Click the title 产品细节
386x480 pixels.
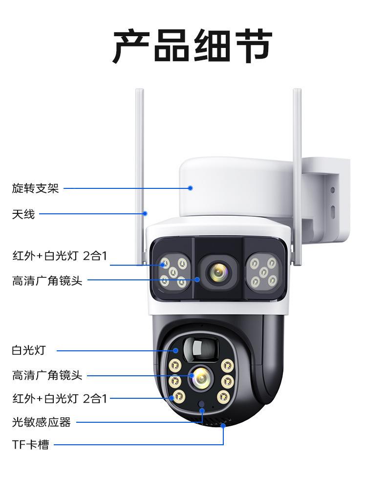(193, 46)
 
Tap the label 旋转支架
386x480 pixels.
(35, 188)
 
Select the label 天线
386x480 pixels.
(23, 214)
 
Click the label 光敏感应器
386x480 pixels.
(42, 422)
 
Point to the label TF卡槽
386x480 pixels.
(30, 445)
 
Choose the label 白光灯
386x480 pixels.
(28, 350)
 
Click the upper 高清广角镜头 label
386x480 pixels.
(47, 281)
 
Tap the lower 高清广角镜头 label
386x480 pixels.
(47, 375)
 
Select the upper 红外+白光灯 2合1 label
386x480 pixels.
(59, 255)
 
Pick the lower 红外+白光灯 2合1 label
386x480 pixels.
(59, 399)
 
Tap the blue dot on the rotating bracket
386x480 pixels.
(191, 188)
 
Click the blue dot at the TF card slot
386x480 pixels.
(223, 426)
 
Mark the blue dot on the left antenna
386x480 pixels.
(145, 213)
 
